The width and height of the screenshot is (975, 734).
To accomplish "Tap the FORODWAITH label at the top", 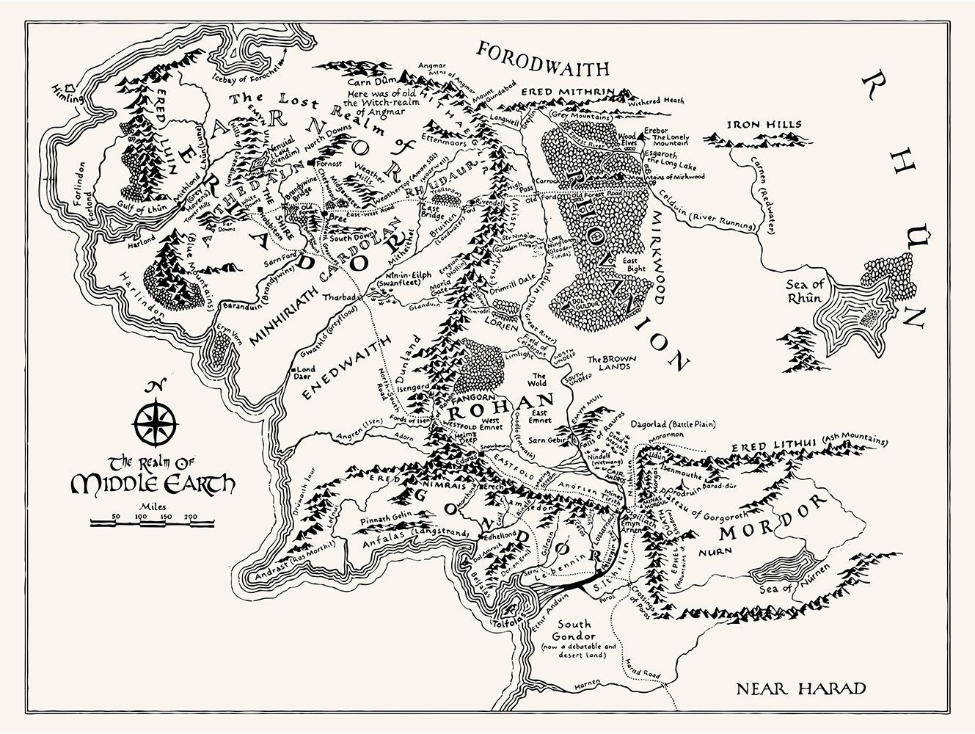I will point(543,60).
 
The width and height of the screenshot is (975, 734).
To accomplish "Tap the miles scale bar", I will point(152,523).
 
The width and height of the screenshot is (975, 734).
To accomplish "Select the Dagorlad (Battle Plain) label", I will point(673,424).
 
